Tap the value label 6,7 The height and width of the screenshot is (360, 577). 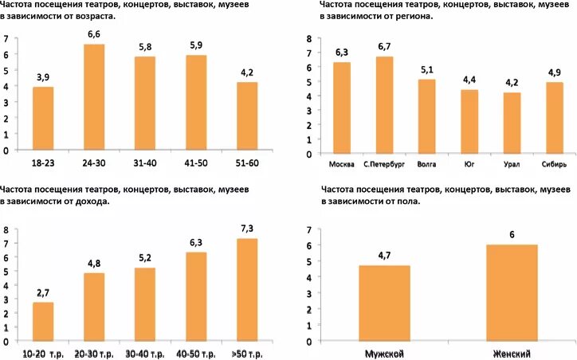tap(385, 47)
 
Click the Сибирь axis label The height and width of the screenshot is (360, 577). tap(555, 165)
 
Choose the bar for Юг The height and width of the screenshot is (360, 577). tap(470, 123)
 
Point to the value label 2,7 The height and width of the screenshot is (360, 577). tap(43, 292)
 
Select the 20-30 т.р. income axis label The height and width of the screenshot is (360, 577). tap(94, 353)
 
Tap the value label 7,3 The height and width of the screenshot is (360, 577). tap(247, 229)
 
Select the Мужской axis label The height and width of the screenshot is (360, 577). tap(386, 354)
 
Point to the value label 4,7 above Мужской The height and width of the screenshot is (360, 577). tap(386, 256)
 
